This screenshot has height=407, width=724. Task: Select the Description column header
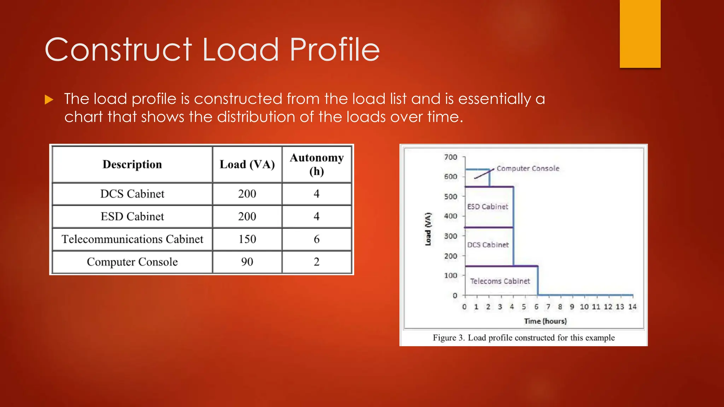[132, 164]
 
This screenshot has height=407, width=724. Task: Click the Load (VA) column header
[247, 164]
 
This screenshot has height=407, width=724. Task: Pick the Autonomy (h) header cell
[316, 164]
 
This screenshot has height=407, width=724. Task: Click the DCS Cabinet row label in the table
[132, 194]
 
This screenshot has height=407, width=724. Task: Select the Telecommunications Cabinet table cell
[132, 239]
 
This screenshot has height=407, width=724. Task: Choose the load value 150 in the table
[247, 239]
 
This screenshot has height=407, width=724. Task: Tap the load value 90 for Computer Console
[247, 262]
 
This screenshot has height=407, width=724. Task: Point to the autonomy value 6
[316, 239]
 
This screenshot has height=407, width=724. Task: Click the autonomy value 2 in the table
[316, 262]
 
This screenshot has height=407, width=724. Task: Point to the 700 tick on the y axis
[451, 157]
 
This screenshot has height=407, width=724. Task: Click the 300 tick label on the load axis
[451, 236]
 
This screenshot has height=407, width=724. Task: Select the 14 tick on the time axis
[632, 307]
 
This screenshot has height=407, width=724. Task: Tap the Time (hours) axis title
[545, 321]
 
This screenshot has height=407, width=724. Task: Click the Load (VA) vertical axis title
[428, 229]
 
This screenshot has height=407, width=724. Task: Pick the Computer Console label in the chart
[528, 169]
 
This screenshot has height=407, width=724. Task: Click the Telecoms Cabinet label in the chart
[500, 281]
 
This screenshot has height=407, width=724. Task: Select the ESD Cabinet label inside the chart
[487, 207]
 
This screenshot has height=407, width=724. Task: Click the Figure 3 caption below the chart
[524, 338]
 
